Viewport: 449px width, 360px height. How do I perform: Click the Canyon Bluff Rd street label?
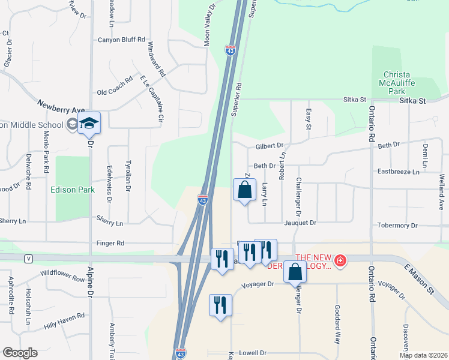coord(121,40)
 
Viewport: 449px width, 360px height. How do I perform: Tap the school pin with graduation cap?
coord(89,123)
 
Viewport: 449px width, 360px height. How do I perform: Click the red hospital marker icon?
coord(340,260)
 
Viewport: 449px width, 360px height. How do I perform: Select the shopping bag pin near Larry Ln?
coord(244,191)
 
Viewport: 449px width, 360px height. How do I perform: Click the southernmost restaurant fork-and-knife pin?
coord(221,305)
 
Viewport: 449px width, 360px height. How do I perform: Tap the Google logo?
coord(19,353)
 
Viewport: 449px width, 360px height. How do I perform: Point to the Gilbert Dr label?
coord(268,146)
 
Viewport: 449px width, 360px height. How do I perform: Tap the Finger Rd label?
coord(112,244)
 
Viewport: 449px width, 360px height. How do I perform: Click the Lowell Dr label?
coord(252,353)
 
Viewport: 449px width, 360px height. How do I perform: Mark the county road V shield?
coord(28,258)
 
